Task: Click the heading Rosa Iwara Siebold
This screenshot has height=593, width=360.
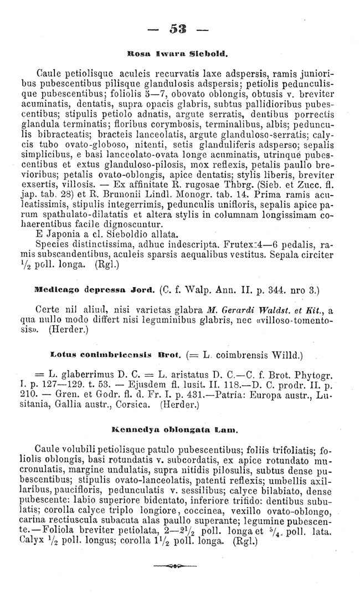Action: (180, 55)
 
